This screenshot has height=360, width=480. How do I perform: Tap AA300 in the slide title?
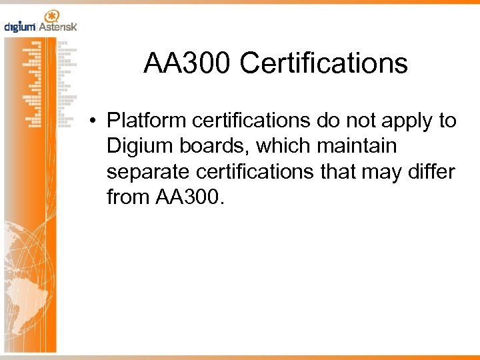click(x=187, y=64)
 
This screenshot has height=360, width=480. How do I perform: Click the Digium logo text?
click(x=20, y=27)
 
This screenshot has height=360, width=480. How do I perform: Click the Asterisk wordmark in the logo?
click(x=58, y=27)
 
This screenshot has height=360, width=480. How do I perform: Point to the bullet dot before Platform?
click(x=97, y=121)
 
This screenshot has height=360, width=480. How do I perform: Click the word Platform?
click(x=145, y=121)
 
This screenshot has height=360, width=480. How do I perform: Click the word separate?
click(x=150, y=172)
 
